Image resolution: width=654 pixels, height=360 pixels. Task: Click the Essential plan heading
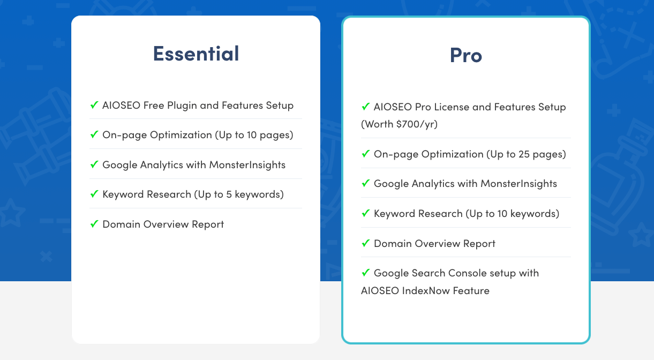point(196,54)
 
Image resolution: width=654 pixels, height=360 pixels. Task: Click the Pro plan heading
point(465,55)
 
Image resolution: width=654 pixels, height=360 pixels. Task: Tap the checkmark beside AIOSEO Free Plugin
point(94,104)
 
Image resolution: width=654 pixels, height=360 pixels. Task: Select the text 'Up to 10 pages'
point(254,135)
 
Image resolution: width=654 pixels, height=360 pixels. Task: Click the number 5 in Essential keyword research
point(229,194)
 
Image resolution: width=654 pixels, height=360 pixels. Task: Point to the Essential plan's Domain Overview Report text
point(163,224)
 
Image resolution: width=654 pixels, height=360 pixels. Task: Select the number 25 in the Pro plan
point(524,154)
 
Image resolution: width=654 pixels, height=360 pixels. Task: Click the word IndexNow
point(426,290)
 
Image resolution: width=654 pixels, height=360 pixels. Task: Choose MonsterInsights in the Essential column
point(247,164)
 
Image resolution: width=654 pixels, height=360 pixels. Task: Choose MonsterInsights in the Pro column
point(519,183)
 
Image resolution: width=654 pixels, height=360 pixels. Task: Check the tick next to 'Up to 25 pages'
point(365,154)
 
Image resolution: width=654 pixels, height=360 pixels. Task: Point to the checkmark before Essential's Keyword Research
point(94,193)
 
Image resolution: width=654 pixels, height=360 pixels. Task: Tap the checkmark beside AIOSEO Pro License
point(365,106)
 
